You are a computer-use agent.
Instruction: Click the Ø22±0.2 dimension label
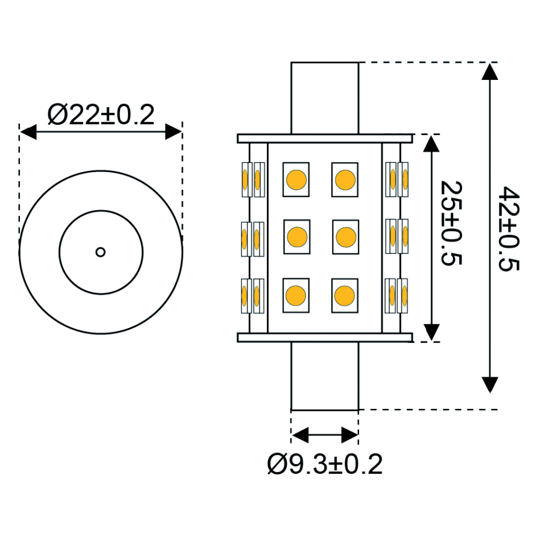[x=101, y=115]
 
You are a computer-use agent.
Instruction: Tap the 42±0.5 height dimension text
[x=507, y=228]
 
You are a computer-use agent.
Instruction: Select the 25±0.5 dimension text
[x=450, y=222]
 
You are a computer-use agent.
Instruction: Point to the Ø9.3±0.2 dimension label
[x=325, y=464]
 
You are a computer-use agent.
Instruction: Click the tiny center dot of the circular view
[x=100, y=251]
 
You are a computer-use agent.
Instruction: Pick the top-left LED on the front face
[x=296, y=179]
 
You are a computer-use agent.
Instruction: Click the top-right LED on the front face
[x=345, y=179]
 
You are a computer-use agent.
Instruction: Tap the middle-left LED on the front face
[x=296, y=236]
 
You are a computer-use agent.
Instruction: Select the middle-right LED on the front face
[x=346, y=236]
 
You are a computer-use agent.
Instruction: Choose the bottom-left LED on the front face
[x=296, y=294]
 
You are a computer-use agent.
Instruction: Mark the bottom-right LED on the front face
[x=345, y=294]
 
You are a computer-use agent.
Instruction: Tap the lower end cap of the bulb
[x=325, y=376]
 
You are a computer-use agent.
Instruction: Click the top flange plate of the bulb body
[x=325, y=139]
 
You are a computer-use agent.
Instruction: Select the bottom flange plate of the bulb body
[x=325, y=337]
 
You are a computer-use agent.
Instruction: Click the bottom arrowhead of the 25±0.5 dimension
[x=431, y=333]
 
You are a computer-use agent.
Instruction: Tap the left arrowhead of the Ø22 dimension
[x=28, y=132]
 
